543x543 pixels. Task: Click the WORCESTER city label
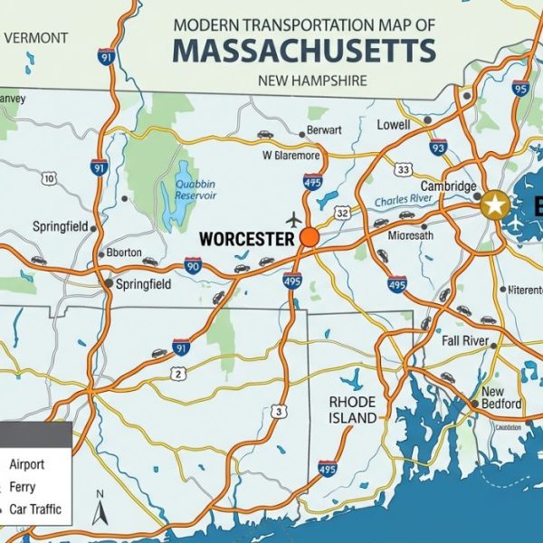pyautogui.click(x=246, y=239)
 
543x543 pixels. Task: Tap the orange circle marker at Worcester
pyautogui.click(x=310, y=238)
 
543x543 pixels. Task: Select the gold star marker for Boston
pyautogui.click(x=494, y=205)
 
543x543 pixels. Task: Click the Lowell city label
pyautogui.click(x=394, y=125)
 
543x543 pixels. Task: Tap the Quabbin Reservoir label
pyautogui.click(x=195, y=189)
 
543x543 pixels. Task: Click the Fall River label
pyautogui.click(x=465, y=341)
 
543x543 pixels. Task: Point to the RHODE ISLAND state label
pyautogui.click(x=353, y=410)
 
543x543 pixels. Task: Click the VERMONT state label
pyautogui.click(x=35, y=38)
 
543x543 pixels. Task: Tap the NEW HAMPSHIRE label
pyautogui.click(x=312, y=81)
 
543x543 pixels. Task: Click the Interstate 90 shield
pyautogui.click(x=193, y=265)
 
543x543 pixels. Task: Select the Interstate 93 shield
pyautogui.click(x=438, y=147)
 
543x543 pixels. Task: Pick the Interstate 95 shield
pyautogui.click(x=519, y=88)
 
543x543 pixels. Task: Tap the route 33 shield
pyautogui.click(x=404, y=170)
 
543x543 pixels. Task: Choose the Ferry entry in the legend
pyautogui.click(x=23, y=487)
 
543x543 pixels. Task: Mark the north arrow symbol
pyautogui.click(x=101, y=511)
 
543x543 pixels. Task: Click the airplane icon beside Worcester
pyautogui.click(x=293, y=220)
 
